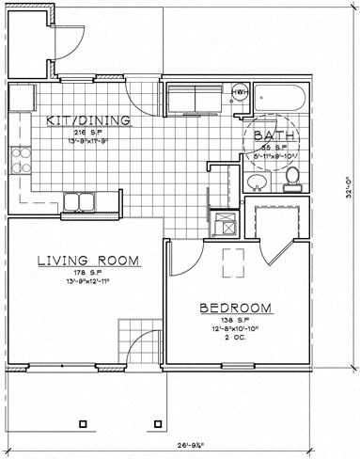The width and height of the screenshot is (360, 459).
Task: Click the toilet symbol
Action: (x=292, y=175)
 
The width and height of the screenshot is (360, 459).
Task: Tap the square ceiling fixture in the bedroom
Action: (x=232, y=260)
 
